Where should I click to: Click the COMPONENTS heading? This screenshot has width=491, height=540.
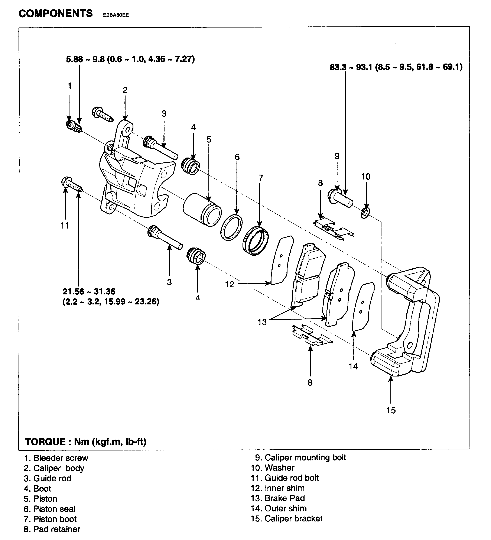[56, 13]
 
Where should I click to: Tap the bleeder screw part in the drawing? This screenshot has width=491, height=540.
[73, 126]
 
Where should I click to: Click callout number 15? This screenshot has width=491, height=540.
[391, 410]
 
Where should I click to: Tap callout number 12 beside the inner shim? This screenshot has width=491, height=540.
[230, 284]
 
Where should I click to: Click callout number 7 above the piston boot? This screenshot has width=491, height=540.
[261, 177]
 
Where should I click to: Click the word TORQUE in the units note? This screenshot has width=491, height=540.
[45, 442]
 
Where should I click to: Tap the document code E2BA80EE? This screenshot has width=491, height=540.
[116, 15]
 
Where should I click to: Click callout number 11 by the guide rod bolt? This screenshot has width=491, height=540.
[65, 226]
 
